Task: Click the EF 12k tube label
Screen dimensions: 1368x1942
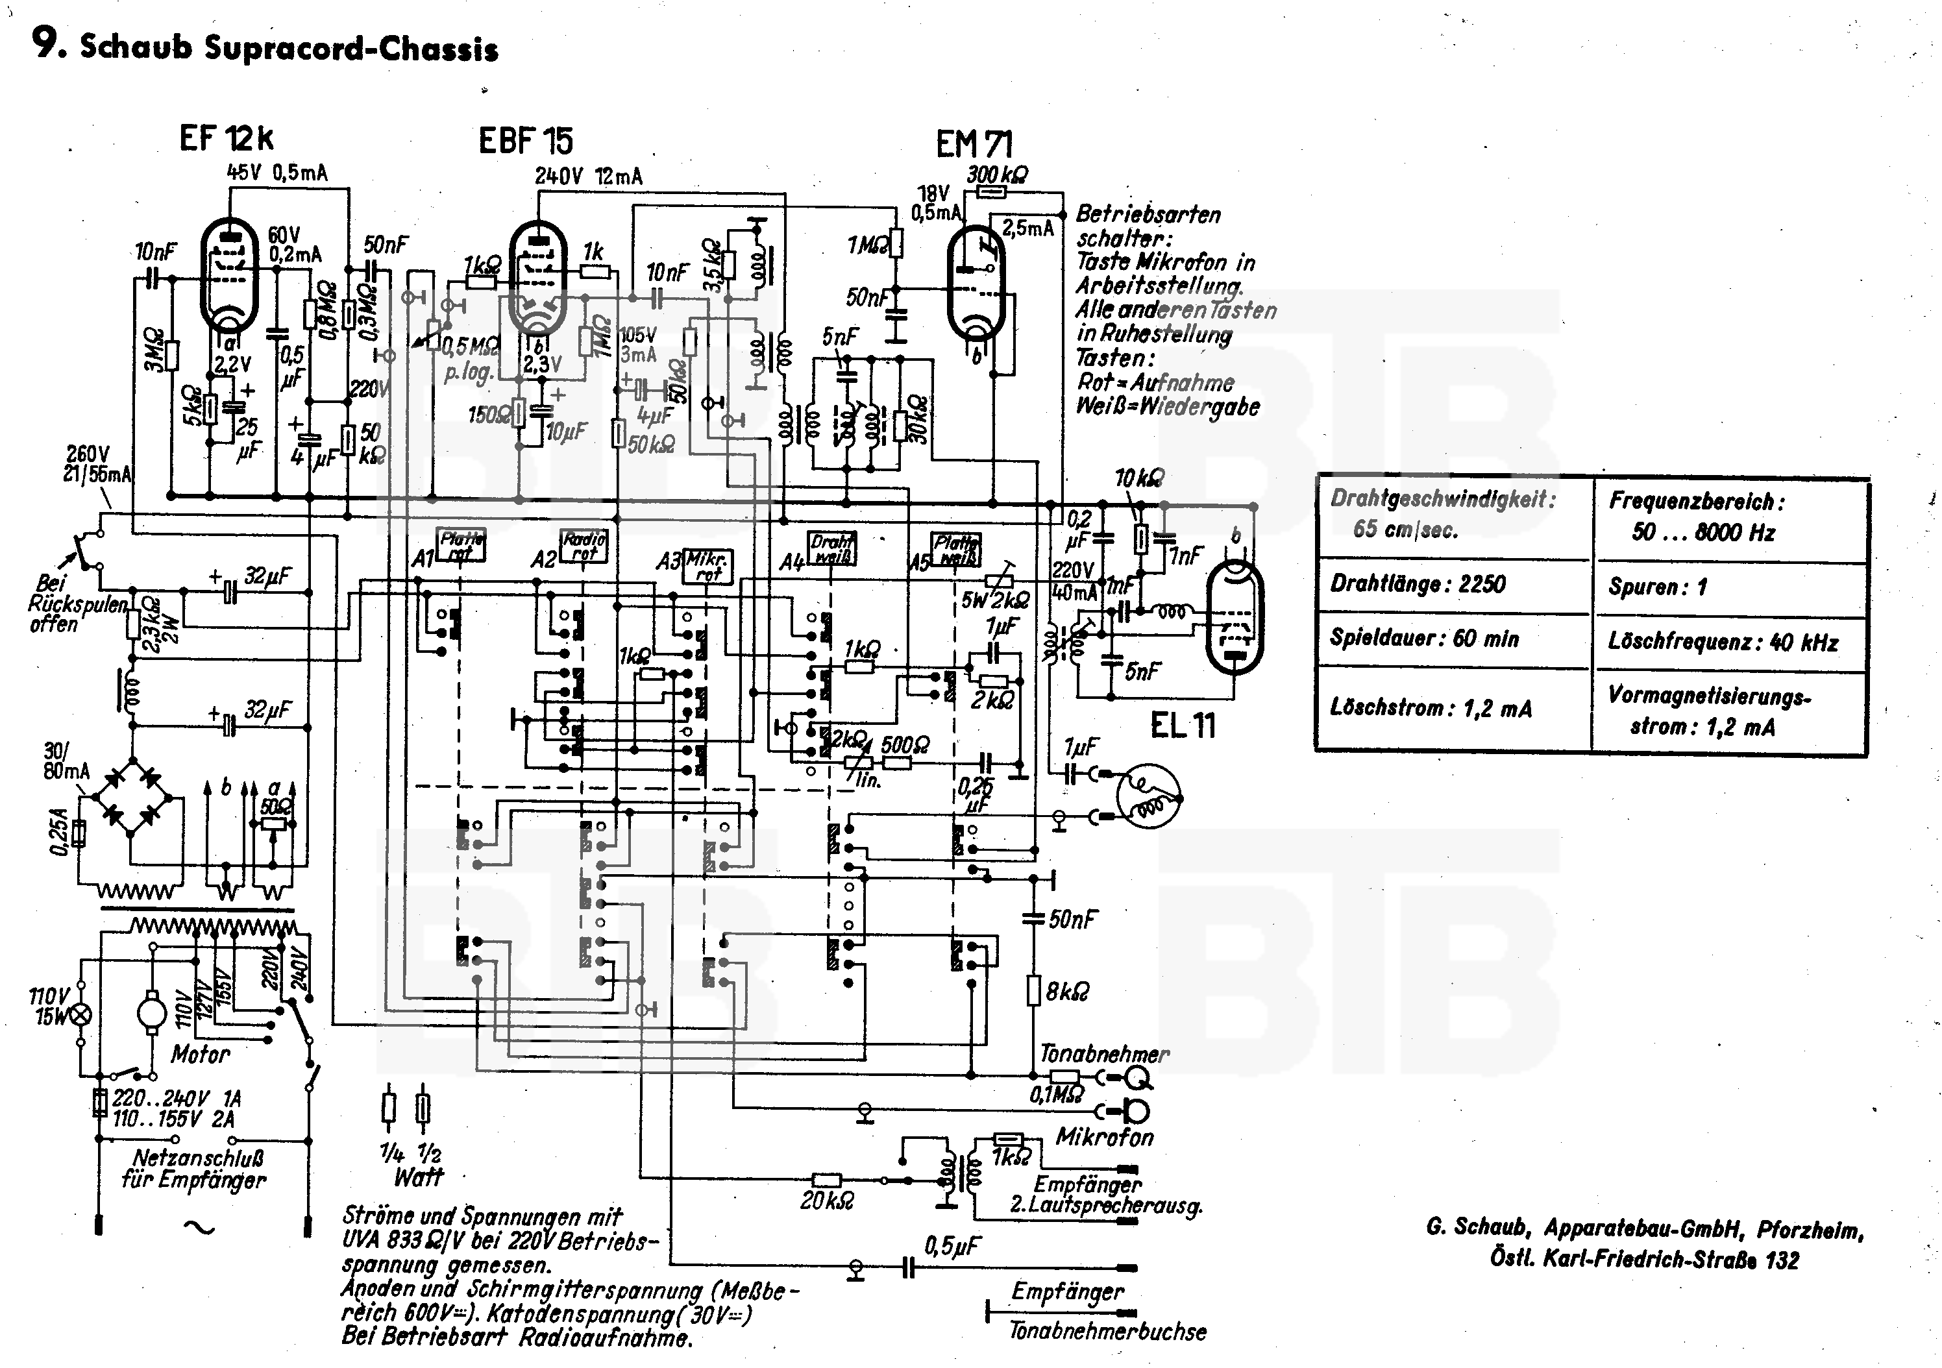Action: (x=226, y=139)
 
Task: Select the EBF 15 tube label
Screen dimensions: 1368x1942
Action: (x=525, y=140)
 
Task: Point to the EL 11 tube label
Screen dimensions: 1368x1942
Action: (x=1183, y=726)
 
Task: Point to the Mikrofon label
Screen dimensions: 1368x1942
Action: (x=1105, y=1137)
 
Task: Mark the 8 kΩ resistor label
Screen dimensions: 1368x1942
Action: (x=1068, y=991)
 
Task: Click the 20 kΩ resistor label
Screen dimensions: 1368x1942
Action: (x=826, y=1201)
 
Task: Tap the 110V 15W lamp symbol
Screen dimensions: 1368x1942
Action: (x=82, y=1014)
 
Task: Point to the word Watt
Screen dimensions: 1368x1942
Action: (x=419, y=1177)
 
